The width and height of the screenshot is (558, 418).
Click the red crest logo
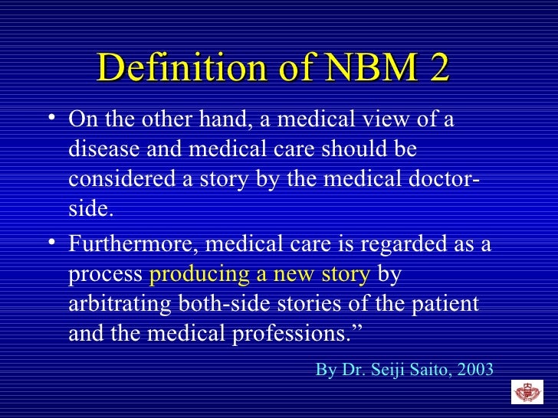click(x=527, y=392)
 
